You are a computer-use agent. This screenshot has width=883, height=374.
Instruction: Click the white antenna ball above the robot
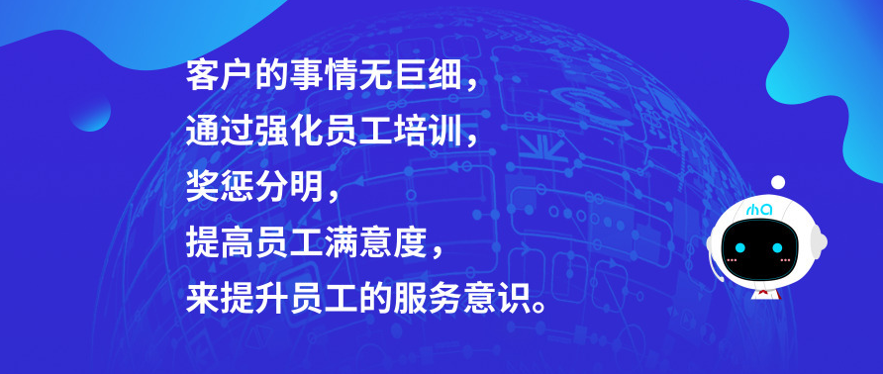[x=778, y=182]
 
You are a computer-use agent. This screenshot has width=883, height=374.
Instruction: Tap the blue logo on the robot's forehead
[x=759, y=210]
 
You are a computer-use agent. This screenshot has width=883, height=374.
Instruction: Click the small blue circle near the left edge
[x=91, y=111]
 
